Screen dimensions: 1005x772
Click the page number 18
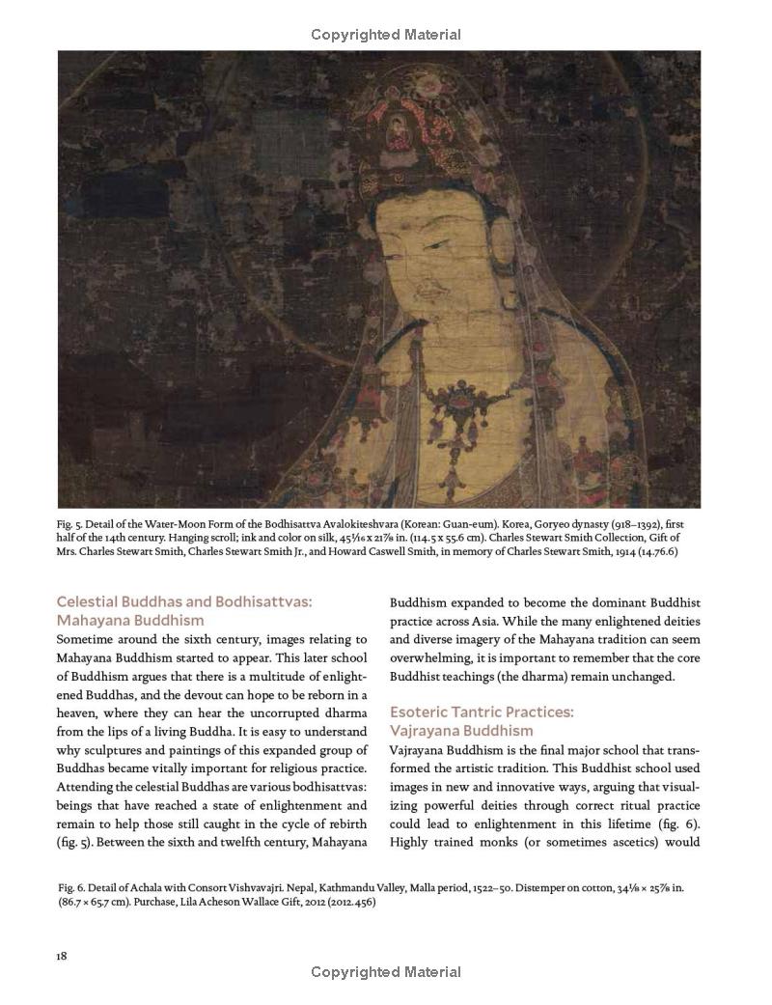pos(62,956)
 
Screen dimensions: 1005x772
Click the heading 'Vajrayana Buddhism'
pos(461,731)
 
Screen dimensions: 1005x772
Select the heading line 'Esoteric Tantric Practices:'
pos(481,712)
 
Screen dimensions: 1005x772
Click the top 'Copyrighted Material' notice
pos(385,36)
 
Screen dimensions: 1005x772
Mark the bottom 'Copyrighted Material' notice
pos(385,972)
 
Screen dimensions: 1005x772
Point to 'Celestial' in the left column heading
pos(89,601)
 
